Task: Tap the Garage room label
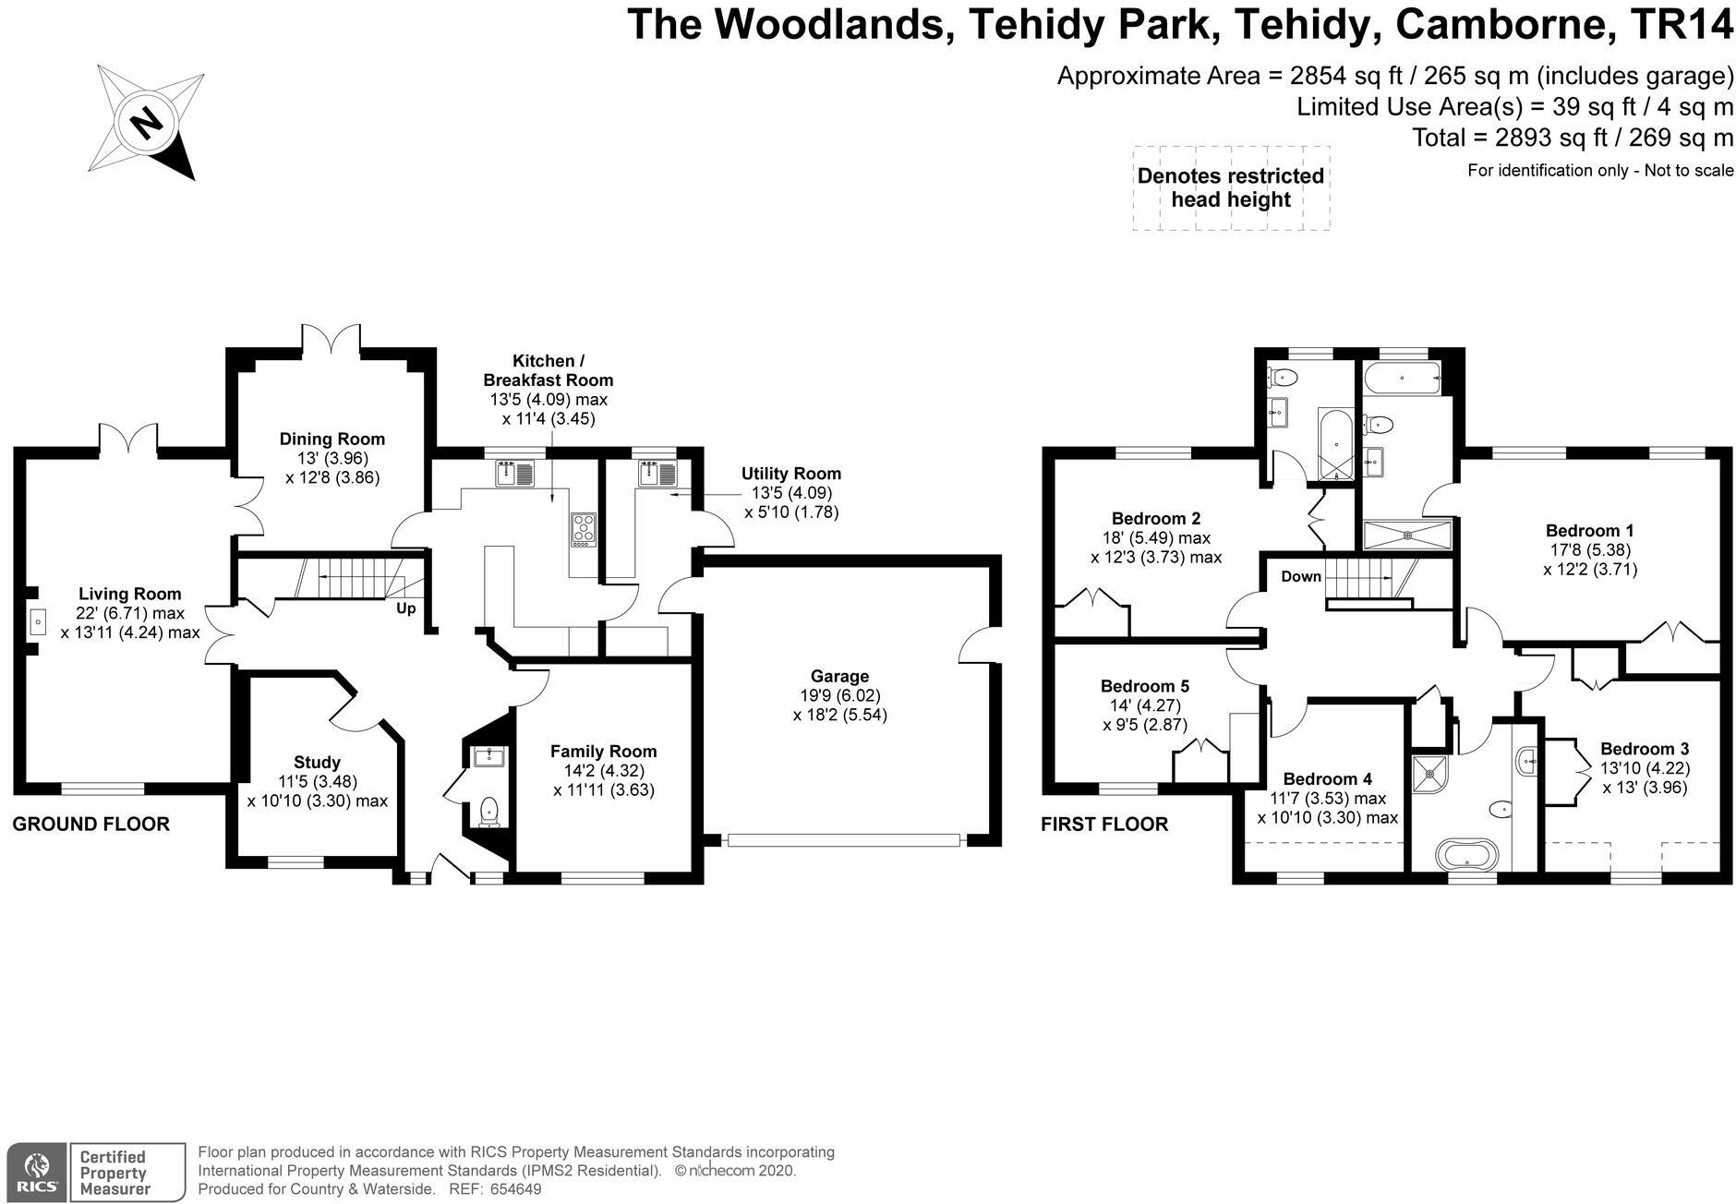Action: pyautogui.click(x=839, y=676)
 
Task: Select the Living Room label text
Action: pyautogui.click(x=129, y=594)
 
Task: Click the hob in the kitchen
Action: pyautogui.click(x=584, y=529)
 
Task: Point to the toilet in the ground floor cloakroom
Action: pyautogui.click(x=488, y=812)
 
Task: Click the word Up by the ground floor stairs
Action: pyautogui.click(x=405, y=608)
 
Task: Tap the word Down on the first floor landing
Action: pyautogui.click(x=1301, y=576)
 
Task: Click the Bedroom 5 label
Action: pyautogui.click(x=1144, y=686)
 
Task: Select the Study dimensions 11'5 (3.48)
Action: pyautogui.click(x=317, y=781)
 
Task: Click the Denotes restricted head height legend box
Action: pyautogui.click(x=1230, y=187)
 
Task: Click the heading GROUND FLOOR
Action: pyautogui.click(x=90, y=824)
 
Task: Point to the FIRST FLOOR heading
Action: pyautogui.click(x=1103, y=824)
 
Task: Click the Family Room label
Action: pyautogui.click(x=603, y=752)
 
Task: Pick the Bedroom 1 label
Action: pyautogui.click(x=1589, y=531)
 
